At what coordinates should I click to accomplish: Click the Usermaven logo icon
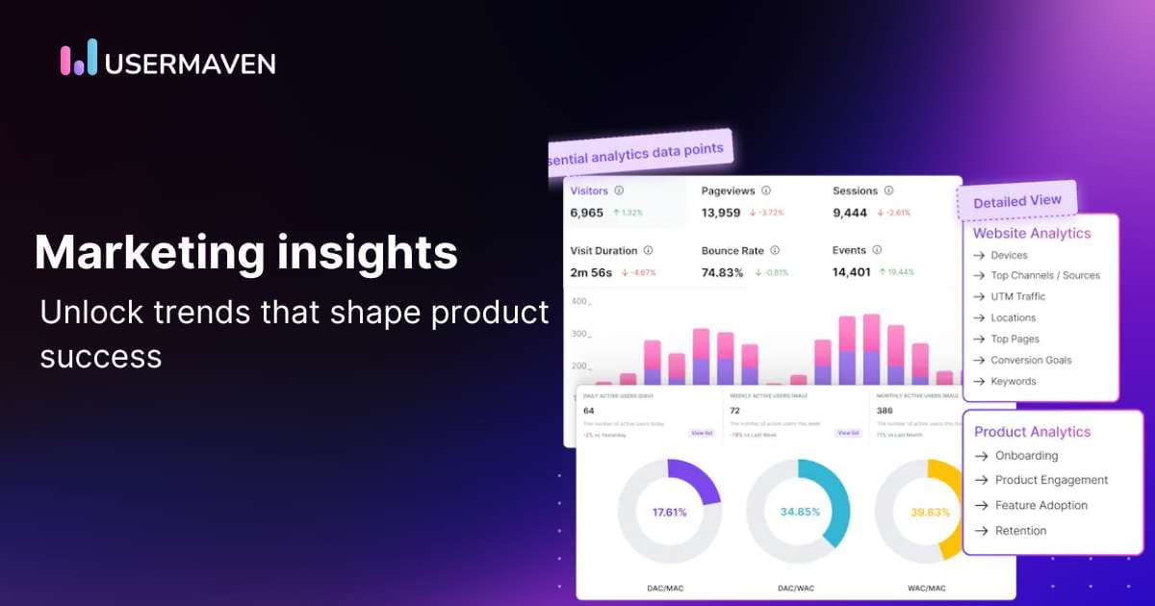click(79, 58)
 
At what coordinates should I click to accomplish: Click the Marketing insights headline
click(245, 252)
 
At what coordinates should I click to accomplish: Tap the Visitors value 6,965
click(586, 213)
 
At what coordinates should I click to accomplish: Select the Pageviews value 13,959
click(721, 213)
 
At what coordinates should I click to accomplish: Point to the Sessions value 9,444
click(850, 213)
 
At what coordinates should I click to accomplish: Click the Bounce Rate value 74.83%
click(723, 272)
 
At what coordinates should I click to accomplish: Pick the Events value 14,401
click(852, 272)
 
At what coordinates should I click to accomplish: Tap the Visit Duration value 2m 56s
click(592, 272)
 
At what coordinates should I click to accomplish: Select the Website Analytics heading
click(1032, 233)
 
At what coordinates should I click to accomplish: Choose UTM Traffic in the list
click(1017, 296)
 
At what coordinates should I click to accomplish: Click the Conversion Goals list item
click(1031, 360)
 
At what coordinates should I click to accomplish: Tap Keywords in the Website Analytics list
click(1014, 381)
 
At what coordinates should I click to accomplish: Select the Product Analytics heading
click(1032, 432)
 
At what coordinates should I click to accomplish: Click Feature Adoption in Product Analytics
click(1040, 505)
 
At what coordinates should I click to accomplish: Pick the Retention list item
click(1020, 530)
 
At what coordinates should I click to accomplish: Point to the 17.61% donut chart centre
click(669, 512)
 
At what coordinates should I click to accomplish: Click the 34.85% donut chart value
click(798, 512)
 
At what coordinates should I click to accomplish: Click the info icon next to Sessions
click(888, 190)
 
